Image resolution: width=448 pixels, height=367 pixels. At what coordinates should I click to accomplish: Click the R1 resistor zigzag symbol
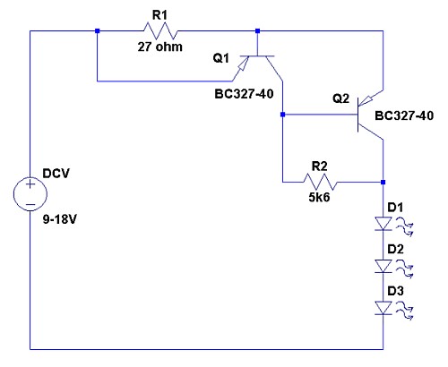[x=160, y=30]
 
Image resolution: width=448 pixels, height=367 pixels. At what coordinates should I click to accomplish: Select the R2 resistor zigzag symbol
[x=320, y=182]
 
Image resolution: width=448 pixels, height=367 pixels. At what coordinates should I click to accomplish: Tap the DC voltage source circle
[x=30, y=194]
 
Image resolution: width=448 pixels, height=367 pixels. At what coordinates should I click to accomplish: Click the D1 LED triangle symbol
[x=383, y=224]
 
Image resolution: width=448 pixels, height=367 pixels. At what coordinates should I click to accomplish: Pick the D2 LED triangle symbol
[x=383, y=266]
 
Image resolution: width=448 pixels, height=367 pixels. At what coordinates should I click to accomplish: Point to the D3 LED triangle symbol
[x=383, y=308]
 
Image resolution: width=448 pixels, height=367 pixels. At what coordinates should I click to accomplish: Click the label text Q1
[x=221, y=57]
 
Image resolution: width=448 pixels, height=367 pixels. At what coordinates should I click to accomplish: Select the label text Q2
[x=340, y=98]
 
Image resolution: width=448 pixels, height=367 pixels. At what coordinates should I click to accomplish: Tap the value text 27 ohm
[x=160, y=47]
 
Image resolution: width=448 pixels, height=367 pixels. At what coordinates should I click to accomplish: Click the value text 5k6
[x=319, y=197]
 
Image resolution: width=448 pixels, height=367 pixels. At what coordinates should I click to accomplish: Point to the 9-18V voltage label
[x=60, y=219]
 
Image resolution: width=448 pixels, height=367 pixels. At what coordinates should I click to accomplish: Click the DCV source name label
[x=56, y=174]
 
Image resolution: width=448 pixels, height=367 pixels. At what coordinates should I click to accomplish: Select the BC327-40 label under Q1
[x=244, y=94]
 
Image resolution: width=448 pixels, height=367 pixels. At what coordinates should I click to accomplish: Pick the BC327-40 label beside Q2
[x=404, y=115]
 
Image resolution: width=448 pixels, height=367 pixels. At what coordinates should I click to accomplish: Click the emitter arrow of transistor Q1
[x=243, y=64]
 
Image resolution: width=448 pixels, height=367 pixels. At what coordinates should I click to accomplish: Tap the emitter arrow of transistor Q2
[x=366, y=101]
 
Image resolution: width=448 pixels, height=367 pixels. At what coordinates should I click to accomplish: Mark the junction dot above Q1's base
[x=258, y=30]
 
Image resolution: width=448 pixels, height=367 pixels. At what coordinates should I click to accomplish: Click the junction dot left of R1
[x=97, y=30]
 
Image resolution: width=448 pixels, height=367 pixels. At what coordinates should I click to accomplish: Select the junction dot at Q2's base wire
[x=282, y=115]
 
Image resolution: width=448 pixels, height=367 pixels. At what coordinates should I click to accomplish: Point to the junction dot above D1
[x=383, y=182]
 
